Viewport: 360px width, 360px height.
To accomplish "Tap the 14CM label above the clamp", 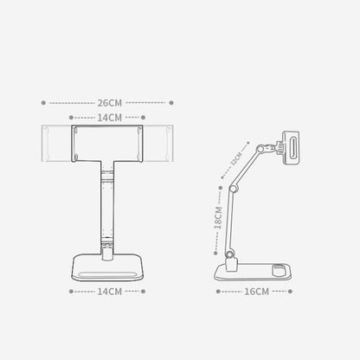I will [109, 116].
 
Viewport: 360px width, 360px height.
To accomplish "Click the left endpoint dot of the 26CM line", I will [43, 101].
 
